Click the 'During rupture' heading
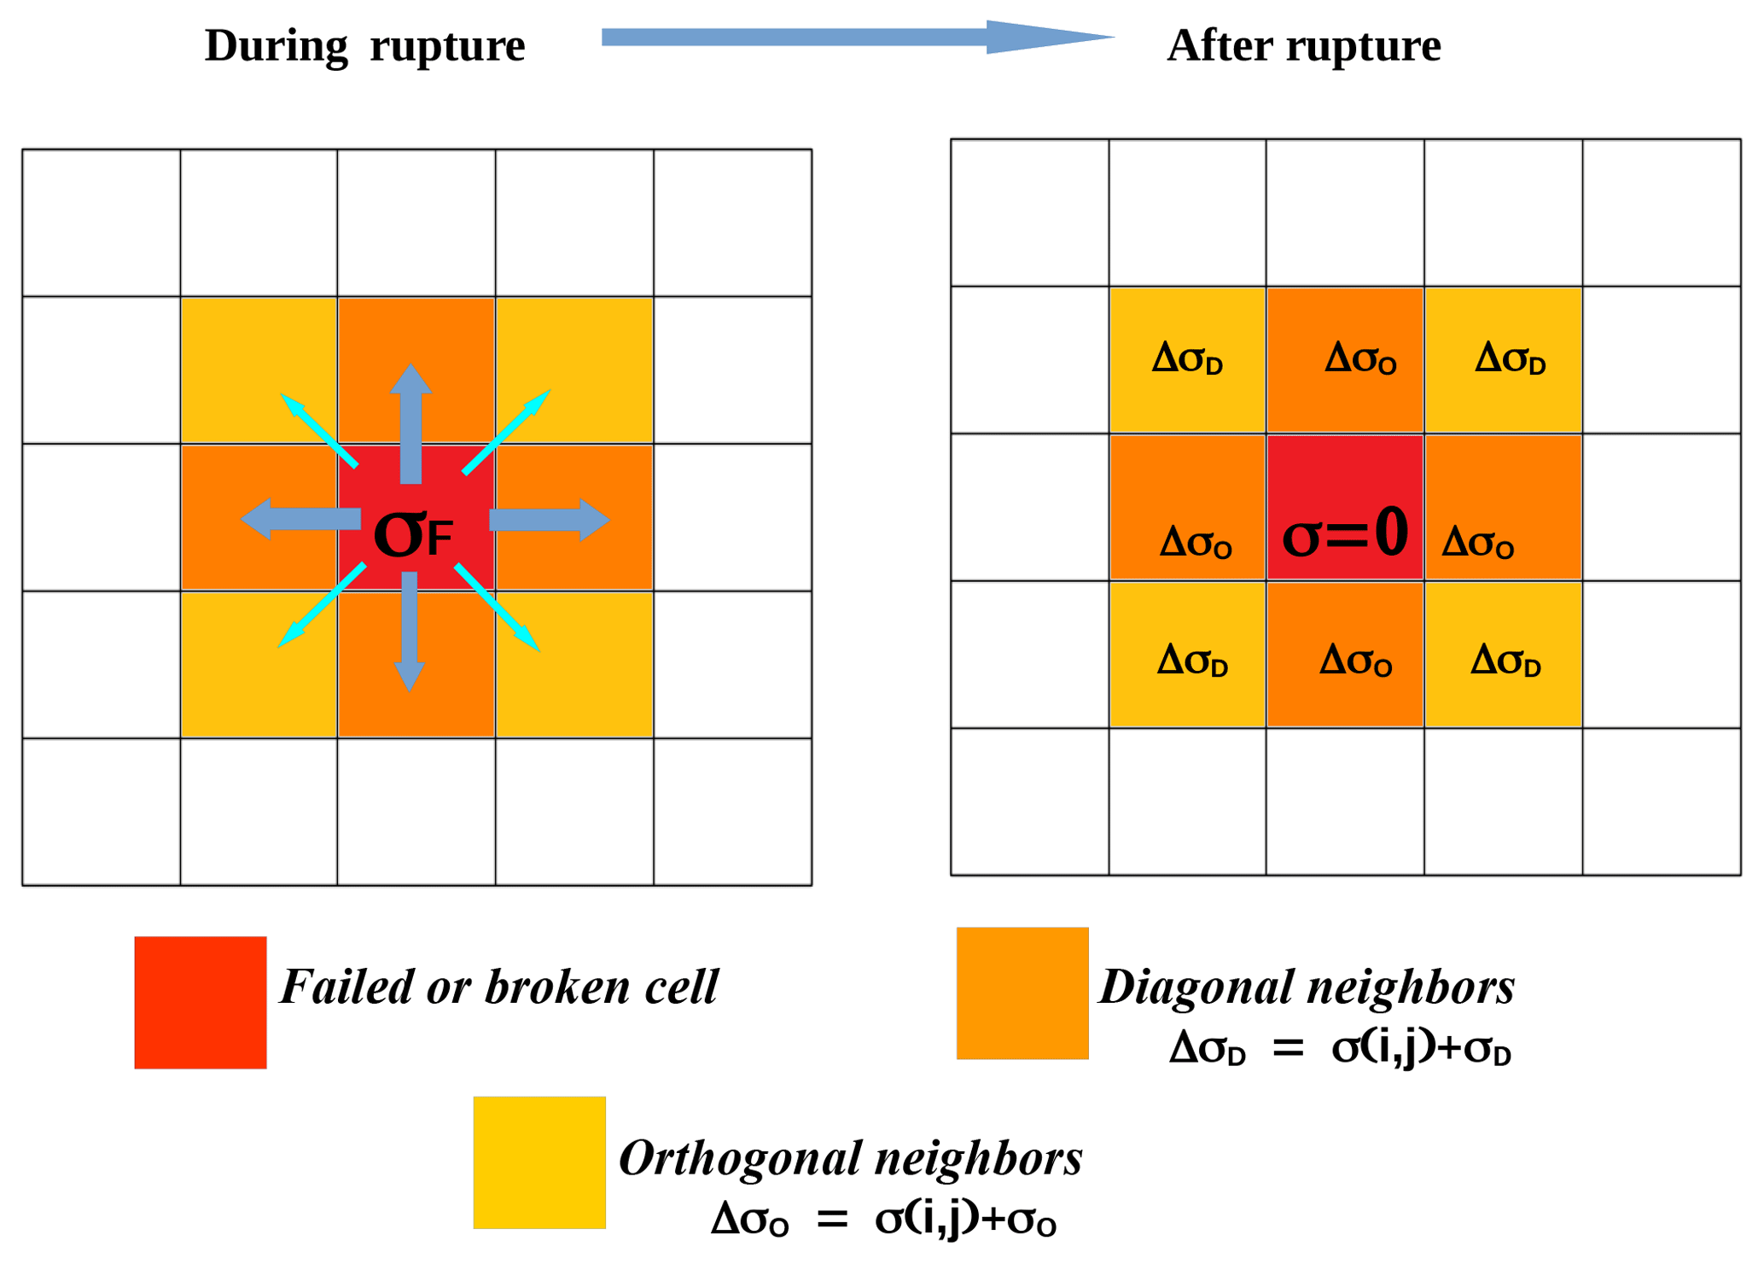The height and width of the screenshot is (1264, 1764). tap(364, 46)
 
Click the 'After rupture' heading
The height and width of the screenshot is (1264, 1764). tap(1302, 46)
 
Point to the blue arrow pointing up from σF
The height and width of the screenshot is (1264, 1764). tap(410, 422)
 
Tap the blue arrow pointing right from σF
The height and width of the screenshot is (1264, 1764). tap(549, 520)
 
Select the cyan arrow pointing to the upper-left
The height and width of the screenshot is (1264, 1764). tap(318, 430)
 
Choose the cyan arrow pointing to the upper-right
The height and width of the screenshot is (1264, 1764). tap(506, 432)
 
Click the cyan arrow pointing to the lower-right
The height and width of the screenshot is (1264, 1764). tap(498, 608)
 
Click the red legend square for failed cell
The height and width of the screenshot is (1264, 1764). tap(201, 1002)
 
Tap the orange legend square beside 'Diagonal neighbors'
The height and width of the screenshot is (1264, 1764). tap(1022, 993)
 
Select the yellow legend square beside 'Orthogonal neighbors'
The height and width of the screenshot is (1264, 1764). tap(539, 1162)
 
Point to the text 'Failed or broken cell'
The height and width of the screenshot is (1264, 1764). tap(499, 987)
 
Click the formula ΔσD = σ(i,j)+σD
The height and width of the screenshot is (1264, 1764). tap(1339, 1048)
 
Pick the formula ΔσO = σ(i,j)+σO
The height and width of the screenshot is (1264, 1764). tap(883, 1218)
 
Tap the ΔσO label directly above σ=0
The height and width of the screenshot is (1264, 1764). tap(1359, 358)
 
